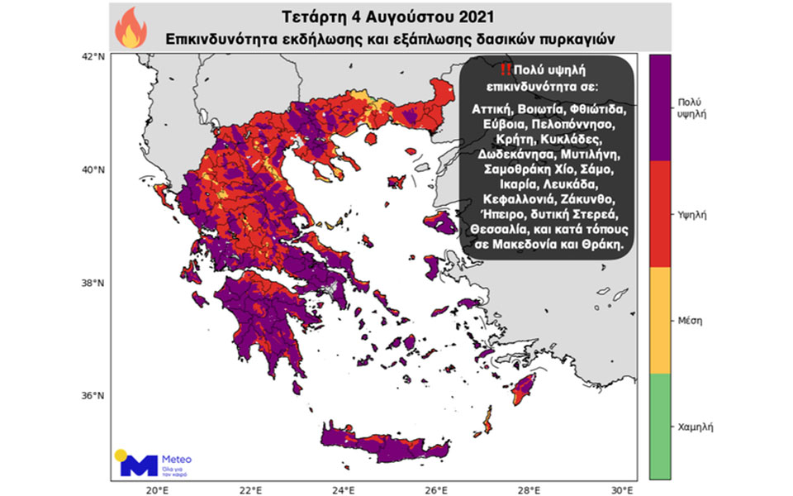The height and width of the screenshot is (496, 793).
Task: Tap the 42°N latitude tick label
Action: (94, 57)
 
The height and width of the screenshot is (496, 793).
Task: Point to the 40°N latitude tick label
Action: (94, 169)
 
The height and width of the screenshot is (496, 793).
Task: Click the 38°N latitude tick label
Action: (94, 283)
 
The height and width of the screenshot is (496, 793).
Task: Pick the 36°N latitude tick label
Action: (94, 395)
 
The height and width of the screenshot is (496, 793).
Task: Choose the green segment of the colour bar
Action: (659, 426)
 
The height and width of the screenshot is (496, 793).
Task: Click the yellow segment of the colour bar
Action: (659, 320)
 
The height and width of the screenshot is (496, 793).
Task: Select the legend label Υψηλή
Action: (690, 213)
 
